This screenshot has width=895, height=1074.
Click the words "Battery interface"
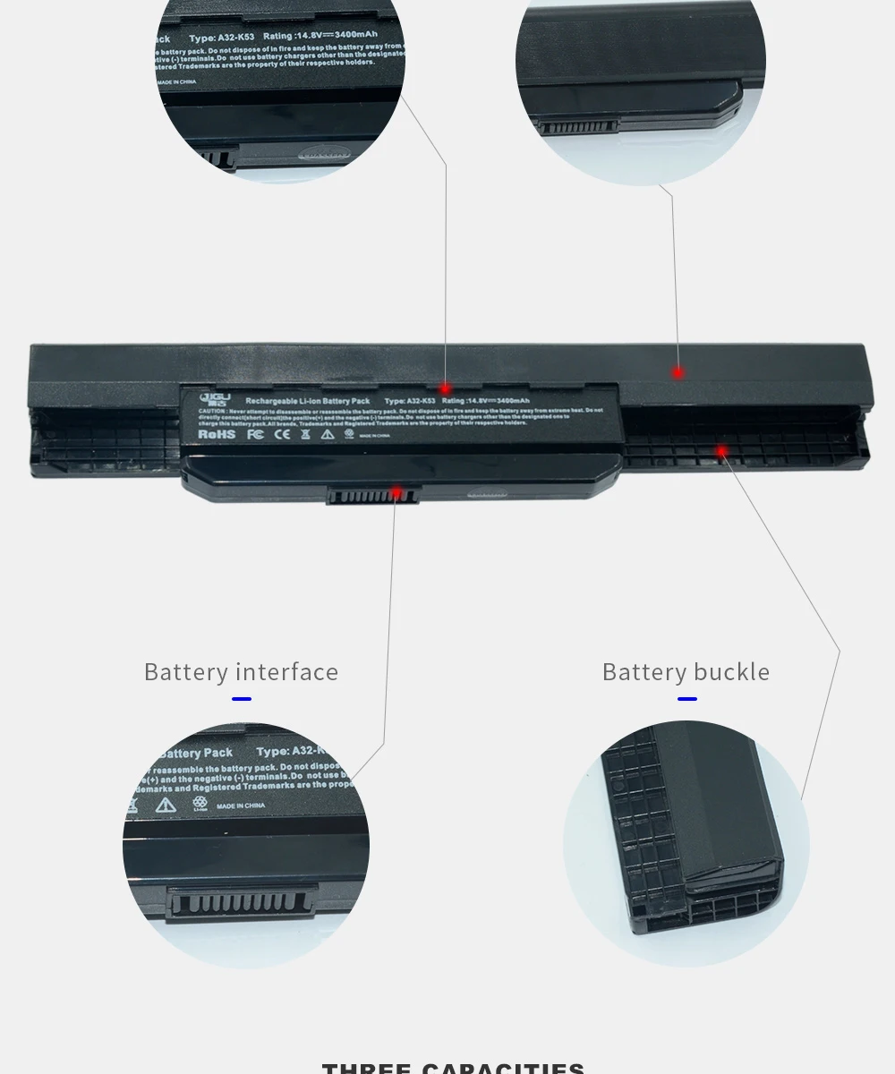tap(241, 671)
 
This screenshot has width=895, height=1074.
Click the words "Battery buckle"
tap(686, 671)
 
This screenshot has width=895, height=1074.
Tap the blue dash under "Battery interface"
tap(242, 699)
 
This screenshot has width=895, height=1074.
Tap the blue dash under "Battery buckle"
tap(686, 699)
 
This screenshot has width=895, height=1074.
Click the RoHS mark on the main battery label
tap(216, 434)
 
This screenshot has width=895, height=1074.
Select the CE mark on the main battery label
tap(281, 434)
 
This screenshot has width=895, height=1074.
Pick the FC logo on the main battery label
tap(254, 434)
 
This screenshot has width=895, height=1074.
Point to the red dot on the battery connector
tap(396, 491)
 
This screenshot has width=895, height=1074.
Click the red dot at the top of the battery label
tap(445, 389)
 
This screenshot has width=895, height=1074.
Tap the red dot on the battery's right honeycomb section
tap(721, 451)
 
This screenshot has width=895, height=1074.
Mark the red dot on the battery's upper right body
tap(678, 372)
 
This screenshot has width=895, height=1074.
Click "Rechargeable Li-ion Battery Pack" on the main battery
tap(308, 401)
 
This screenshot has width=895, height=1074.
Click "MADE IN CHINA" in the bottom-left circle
tap(241, 805)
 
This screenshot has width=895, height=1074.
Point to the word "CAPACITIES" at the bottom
tap(503, 1068)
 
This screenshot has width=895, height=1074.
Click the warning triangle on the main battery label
tap(328, 434)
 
